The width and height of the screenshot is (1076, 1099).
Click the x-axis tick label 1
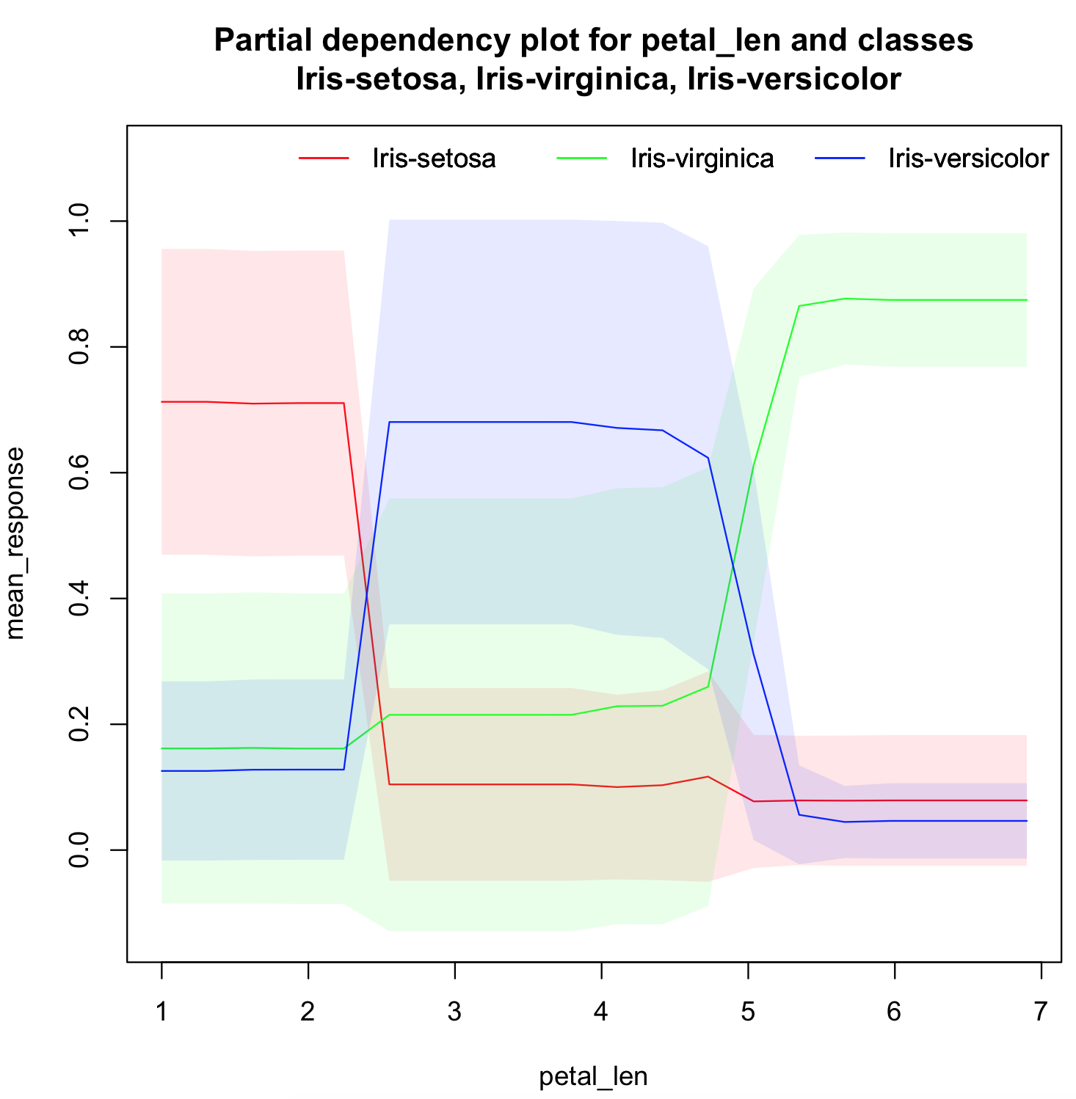pyautogui.click(x=161, y=1012)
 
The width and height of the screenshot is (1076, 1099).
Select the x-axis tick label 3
pyautogui.click(x=454, y=1012)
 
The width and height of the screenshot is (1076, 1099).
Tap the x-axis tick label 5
pyautogui.click(x=747, y=1012)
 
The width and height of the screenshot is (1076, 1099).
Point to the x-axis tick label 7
pyautogui.click(x=1040, y=1012)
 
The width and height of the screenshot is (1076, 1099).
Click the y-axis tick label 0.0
pyautogui.click(x=78, y=850)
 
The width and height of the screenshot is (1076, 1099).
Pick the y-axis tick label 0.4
pyautogui.click(x=78, y=598)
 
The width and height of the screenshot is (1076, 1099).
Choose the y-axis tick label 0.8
pyautogui.click(x=78, y=346)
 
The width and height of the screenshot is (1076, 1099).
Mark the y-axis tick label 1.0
pyautogui.click(x=78, y=221)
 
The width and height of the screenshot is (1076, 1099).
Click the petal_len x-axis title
pyautogui.click(x=593, y=1076)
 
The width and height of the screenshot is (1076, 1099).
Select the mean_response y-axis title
pyautogui.click(x=15, y=543)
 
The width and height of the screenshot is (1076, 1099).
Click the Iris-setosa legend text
pyautogui.click(x=434, y=158)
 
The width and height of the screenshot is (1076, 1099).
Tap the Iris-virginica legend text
pyautogui.click(x=702, y=158)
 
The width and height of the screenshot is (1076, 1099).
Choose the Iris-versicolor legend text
pyautogui.click(x=968, y=158)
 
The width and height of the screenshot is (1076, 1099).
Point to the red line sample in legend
pyautogui.click(x=324, y=158)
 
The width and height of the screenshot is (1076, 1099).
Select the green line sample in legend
pyautogui.click(x=581, y=158)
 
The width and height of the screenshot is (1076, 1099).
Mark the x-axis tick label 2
pyautogui.click(x=308, y=1012)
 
